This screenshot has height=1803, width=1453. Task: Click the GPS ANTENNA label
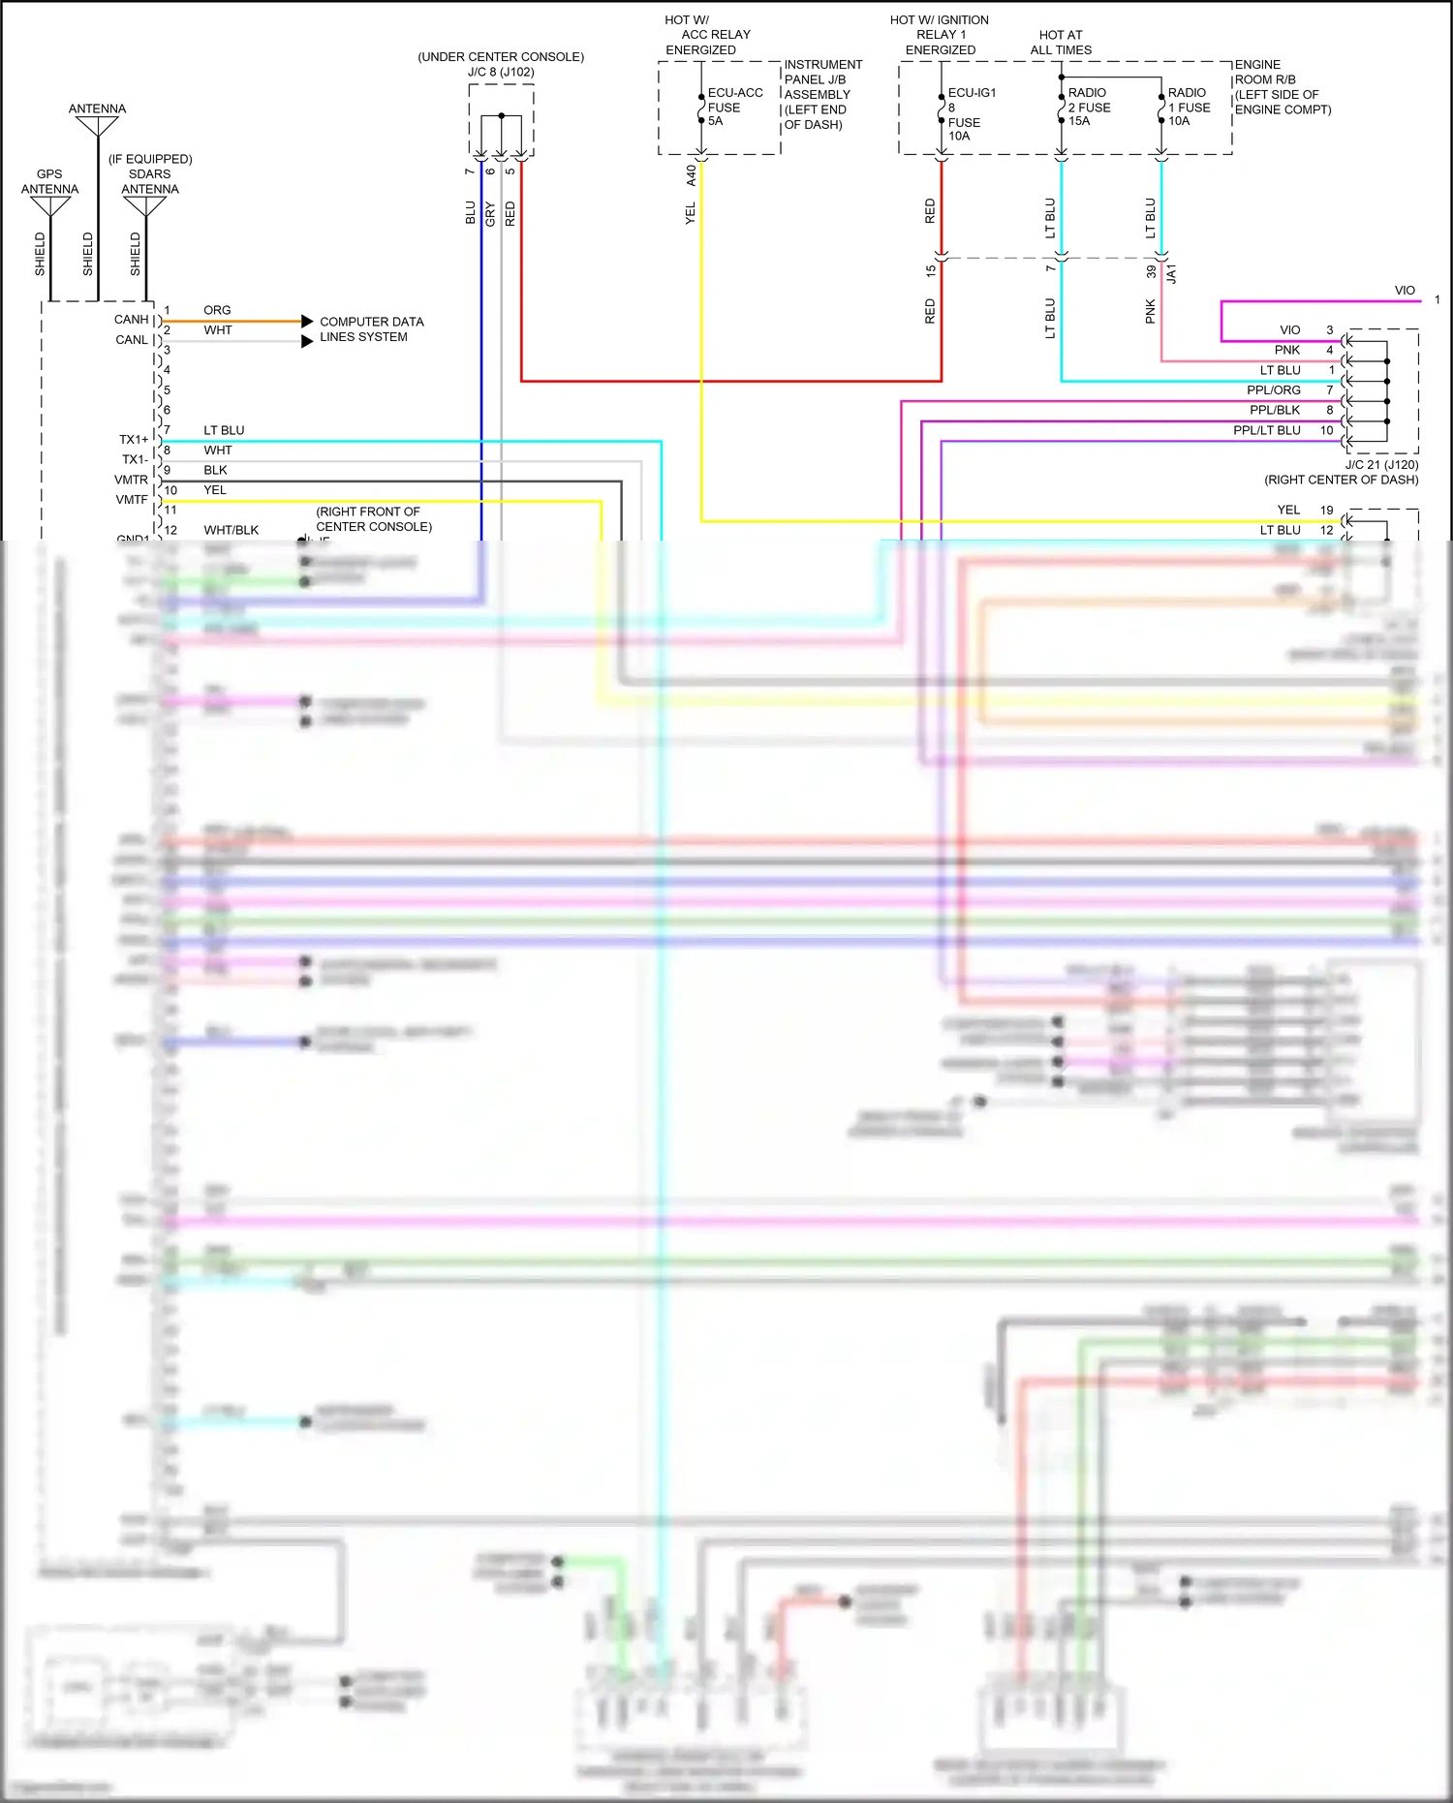49,181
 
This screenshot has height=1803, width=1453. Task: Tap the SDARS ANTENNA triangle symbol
144,206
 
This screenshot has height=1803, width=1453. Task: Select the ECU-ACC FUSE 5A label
734,107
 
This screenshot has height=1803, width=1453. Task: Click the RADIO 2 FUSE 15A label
1089,107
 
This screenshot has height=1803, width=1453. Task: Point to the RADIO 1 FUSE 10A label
1189,107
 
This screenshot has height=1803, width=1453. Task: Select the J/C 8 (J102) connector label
501,72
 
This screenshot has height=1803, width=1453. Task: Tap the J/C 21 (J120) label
1381,465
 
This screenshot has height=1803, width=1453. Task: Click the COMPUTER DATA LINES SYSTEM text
371,329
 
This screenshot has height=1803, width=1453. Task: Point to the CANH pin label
132,319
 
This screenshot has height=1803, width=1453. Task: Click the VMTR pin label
132,480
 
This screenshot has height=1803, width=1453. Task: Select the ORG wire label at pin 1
217,310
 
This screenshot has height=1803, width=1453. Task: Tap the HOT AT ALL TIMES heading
1061,42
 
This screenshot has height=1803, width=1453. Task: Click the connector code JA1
1171,273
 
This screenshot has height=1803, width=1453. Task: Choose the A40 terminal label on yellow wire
691,175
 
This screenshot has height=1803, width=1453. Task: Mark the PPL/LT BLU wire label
1266,430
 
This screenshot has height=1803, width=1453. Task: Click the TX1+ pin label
134,439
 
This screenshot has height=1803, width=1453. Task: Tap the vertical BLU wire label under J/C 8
471,212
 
